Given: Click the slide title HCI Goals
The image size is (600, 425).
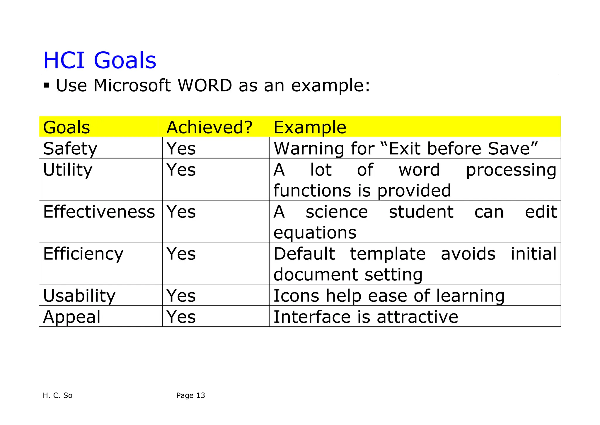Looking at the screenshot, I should (100, 60).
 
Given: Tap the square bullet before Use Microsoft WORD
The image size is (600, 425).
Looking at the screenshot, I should (47, 86).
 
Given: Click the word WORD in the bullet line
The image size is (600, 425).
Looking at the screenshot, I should (205, 86).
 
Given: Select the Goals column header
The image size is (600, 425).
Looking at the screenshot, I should (67, 127).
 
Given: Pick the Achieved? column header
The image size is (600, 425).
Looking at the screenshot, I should (209, 127).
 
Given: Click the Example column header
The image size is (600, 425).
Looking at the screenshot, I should (310, 127).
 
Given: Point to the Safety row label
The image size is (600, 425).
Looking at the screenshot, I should (70, 149).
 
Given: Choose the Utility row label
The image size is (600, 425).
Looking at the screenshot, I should (68, 170).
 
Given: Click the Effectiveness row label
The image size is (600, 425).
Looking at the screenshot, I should (99, 212).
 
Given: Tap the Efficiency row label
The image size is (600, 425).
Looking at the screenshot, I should (83, 254).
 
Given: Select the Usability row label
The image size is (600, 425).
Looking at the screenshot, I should (79, 296).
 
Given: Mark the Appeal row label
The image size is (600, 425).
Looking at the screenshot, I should (72, 317).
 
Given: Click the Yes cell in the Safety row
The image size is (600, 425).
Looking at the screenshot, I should (181, 149).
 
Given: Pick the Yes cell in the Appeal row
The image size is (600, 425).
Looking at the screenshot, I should (181, 317).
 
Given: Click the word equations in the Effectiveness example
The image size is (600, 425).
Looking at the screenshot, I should (315, 233).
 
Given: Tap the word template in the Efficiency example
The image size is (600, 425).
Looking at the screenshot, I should (388, 254).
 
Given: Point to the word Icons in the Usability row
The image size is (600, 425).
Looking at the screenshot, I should (296, 296).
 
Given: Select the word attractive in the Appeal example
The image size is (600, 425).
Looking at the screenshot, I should (417, 317).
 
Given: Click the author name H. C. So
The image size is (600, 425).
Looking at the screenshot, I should (57, 396).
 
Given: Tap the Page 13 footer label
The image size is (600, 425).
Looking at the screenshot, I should (191, 396).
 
